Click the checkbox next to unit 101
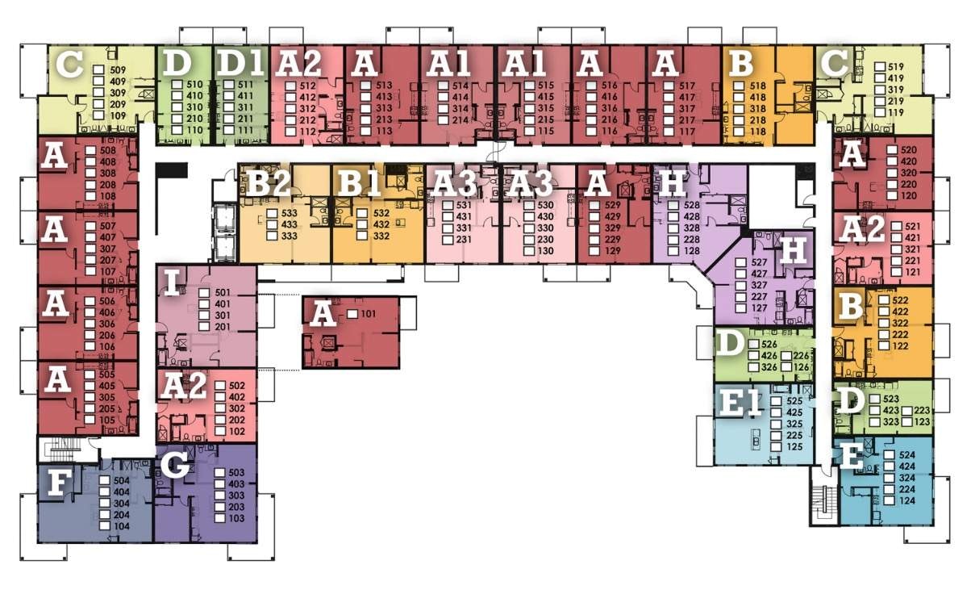tap(353, 314)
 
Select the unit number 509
tap(118, 70)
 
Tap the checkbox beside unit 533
tap(273, 214)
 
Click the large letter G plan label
tap(175, 465)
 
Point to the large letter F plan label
tap(59, 483)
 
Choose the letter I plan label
tap(172, 282)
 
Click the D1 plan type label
tap(240, 63)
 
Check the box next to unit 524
tap(890, 454)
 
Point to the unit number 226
tap(801, 356)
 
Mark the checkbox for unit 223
tap(906, 411)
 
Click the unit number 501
tap(223, 293)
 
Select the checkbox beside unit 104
tap(105, 526)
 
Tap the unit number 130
tap(546, 251)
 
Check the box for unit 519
tap(880, 67)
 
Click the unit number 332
tap(381, 236)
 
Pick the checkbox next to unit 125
tap(776, 446)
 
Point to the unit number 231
tap(464, 240)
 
